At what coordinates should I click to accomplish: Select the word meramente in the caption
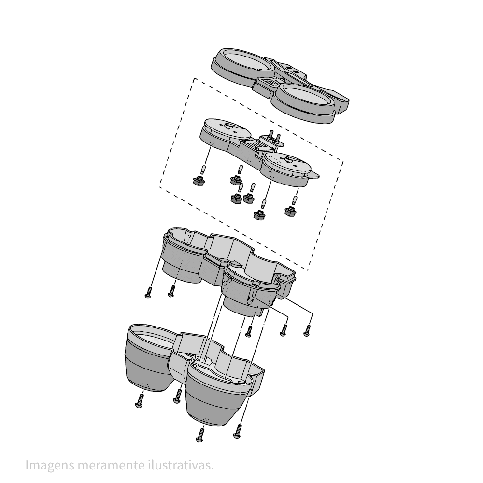[111, 465]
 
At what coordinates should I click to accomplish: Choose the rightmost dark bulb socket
[290, 212]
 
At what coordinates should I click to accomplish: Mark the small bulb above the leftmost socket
[203, 169]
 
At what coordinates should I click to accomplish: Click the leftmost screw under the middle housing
[148, 292]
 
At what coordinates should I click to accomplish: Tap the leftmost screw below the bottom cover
[140, 401]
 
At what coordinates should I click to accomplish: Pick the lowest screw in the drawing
[200, 436]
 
